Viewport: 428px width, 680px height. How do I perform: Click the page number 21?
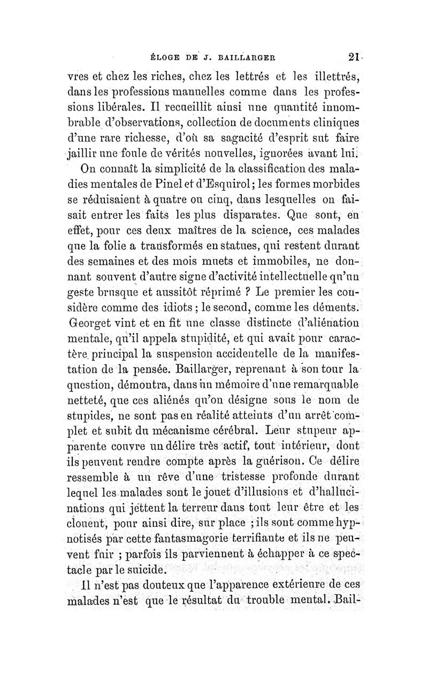coord(354,57)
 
